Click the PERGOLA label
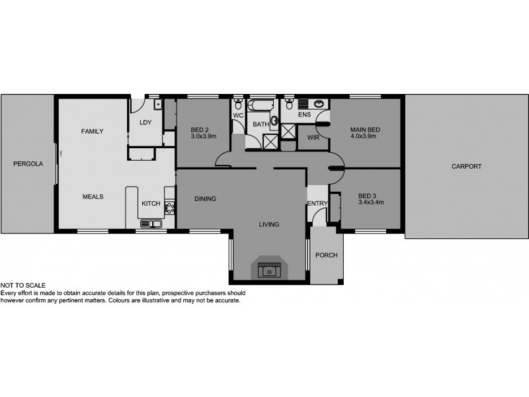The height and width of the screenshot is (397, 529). pyautogui.click(x=27, y=163)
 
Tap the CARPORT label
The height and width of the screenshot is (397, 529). pyautogui.click(x=467, y=167)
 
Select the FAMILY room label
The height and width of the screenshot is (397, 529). pyautogui.click(x=92, y=132)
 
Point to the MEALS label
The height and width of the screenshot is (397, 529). pyautogui.click(x=92, y=196)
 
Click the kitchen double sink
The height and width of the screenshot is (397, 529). pyautogui.click(x=149, y=224)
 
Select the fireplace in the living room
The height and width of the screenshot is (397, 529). pyautogui.click(x=268, y=269)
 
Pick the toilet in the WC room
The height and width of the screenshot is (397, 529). pyautogui.click(x=237, y=104)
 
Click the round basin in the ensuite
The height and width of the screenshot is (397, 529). pyautogui.click(x=319, y=104)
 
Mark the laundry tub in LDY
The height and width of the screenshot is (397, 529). pyautogui.click(x=157, y=104)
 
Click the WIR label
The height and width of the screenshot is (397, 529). pyautogui.click(x=313, y=138)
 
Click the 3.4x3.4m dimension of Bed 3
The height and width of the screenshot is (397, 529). pyautogui.click(x=370, y=202)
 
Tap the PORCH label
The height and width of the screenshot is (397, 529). pyautogui.click(x=327, y=255)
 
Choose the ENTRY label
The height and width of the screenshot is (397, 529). pyautogui.click(x=317, y=203)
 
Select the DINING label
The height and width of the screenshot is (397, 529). pyautogui.click(x=205, y=198)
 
